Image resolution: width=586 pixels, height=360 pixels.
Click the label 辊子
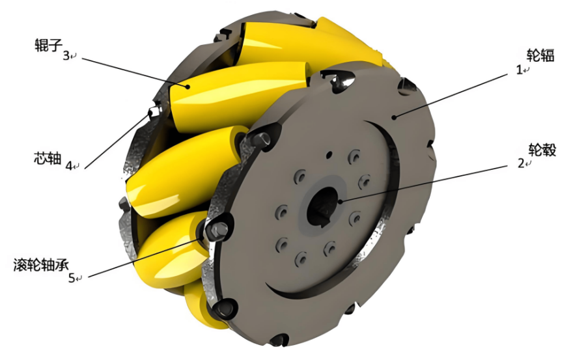pos(48,45)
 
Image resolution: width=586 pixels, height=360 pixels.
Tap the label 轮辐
pos(540,55)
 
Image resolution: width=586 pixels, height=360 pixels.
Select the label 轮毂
pos(542,150)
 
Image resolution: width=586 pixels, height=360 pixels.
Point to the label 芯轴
pos(48,158)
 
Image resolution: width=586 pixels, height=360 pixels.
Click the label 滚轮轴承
pos(41,265)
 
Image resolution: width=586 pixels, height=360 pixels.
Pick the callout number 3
pos(66,56)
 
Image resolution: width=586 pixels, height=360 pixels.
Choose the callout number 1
pos(519,70)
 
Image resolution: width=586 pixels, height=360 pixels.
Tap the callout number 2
pos(521,163)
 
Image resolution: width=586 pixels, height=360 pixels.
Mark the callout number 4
pos(69,165)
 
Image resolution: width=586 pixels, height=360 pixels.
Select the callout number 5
pos(72,278)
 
